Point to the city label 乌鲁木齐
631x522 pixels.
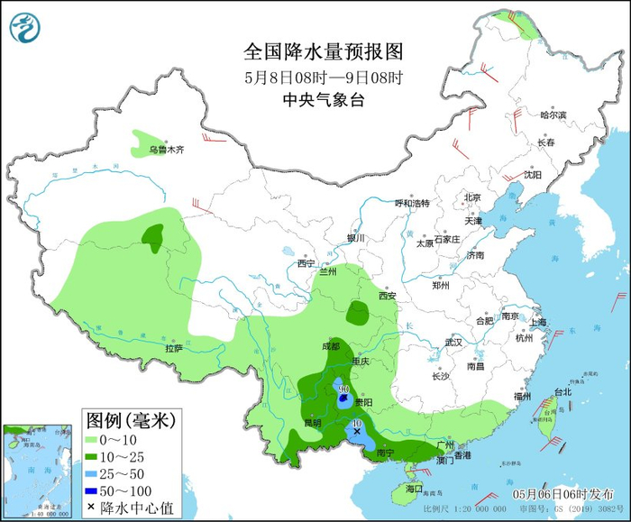pyautogui.click(x=166, y=150)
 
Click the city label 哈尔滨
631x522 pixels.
pyautogui.click(x=553, y=115)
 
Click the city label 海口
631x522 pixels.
pyautogui.click(x=414, y=488)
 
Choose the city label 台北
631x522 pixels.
pyautogui.click(x=562, y=392)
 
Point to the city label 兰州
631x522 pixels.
pyautogui.click(x=325, y=270)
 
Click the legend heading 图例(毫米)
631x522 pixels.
pyautogui.click(x=131, y=419)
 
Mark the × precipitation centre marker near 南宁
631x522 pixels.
pyautogui.click(x=357, y=432)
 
